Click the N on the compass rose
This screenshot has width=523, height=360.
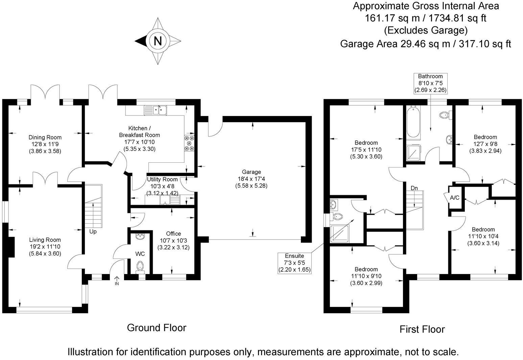click(158, 41)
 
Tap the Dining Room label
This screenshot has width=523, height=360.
click(45, 137)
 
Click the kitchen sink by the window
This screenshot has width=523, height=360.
click(156, 110)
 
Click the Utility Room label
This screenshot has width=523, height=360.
click(162, 179)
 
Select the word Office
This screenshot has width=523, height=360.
click(173, 233)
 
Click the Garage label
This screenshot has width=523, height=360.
click(251, 172)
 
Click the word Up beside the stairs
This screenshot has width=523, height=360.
click(93, 232)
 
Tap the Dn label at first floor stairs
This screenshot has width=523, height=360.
click(414, 188)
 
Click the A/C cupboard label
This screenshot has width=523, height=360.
click(454, 198)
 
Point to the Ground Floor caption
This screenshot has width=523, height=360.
click(157, 328)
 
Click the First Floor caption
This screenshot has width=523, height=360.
click(422, 329)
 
